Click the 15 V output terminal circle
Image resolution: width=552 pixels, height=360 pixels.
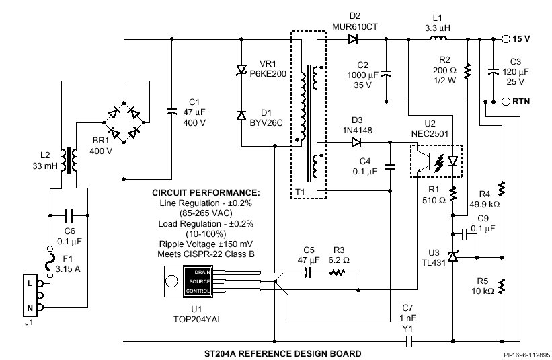[x=506, y=39]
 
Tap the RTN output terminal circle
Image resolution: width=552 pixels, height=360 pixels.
[x=506, y=102]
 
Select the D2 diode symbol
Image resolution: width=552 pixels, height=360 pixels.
[x=353, y=39]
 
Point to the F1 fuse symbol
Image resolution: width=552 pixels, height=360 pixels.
[x=50, y=262]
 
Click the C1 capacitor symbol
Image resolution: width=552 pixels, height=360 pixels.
[x=172, y=111]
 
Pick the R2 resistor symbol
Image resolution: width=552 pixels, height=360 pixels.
[x=468, y=71]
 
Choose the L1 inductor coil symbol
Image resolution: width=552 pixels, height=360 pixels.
[x=438, y=37]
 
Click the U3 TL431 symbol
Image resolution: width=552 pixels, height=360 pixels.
[x=452, y=256]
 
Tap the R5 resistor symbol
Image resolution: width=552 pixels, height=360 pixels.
[x=502, y=286]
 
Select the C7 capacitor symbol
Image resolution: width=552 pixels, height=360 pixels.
[x=409, y=341]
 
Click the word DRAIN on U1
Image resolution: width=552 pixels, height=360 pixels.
[x=202, y=272]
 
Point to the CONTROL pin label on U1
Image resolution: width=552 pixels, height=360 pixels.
[x=198, y=291]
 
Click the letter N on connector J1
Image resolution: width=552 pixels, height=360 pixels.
[x=30, y=308]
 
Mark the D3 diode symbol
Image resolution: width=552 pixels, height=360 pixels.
[x=356, y=142]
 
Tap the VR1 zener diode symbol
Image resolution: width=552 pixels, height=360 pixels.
[x=241, y=70]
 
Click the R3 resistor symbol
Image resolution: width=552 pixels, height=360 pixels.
[x=338, y=273]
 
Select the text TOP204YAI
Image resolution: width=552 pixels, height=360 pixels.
[x=196, y=319]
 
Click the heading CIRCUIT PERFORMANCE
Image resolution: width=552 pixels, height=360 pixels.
[x=206, y=192]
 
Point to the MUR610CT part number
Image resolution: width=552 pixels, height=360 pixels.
[x=355, y=27]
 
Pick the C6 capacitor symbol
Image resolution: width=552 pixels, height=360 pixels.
[x=69, y=215]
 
